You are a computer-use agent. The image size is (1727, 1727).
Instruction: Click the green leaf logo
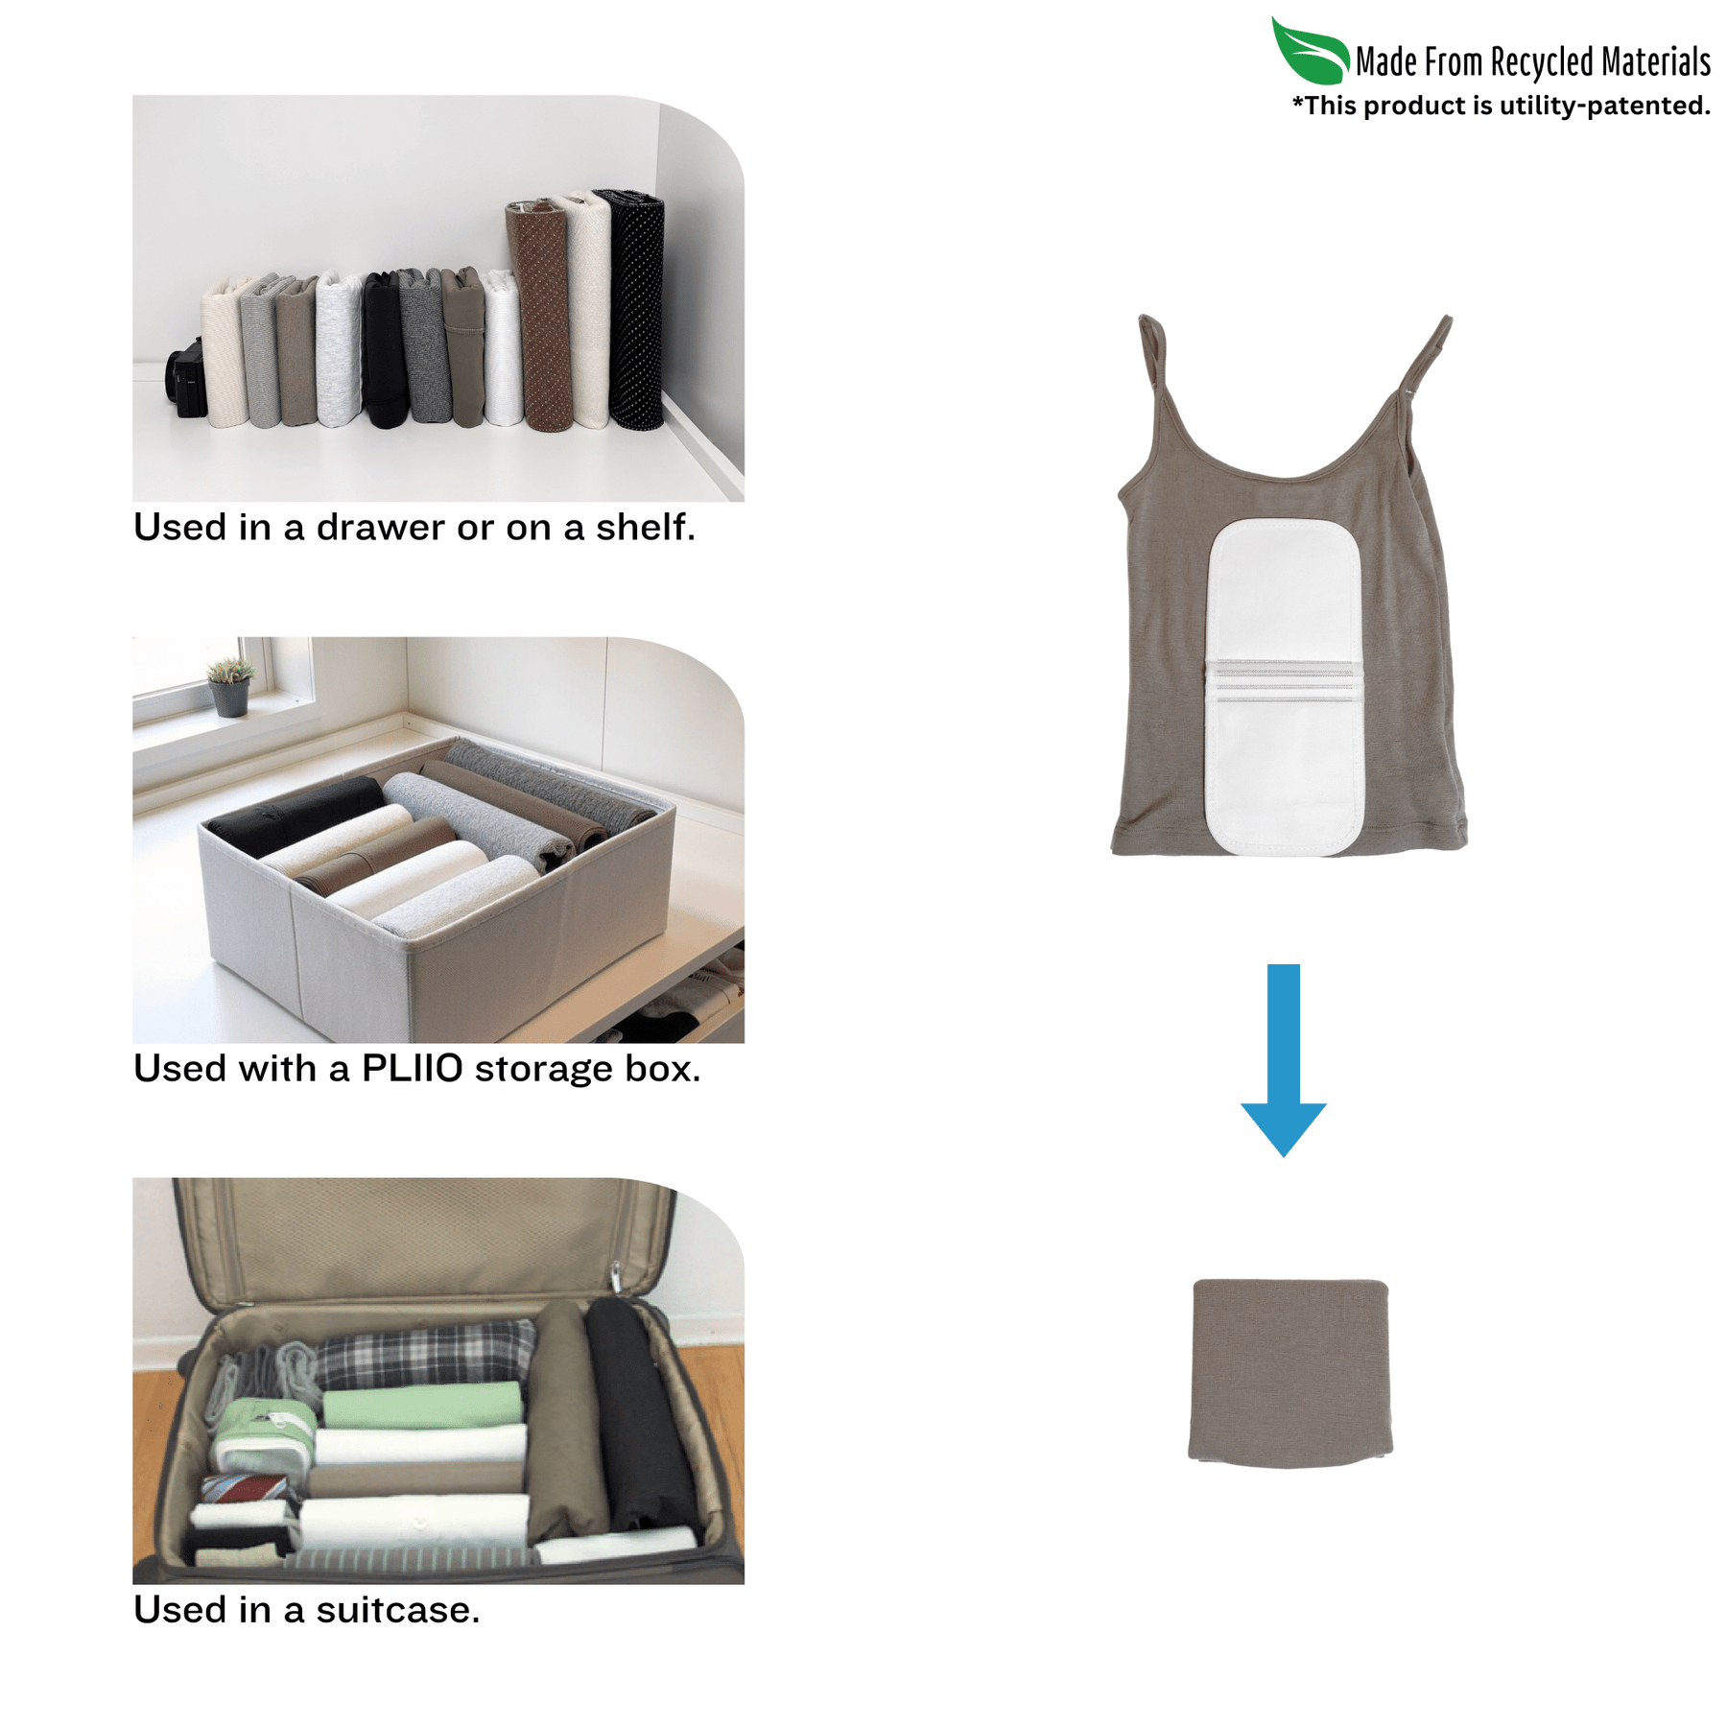(1310, 52)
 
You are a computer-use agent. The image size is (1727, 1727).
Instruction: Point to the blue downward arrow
(1283, 1059)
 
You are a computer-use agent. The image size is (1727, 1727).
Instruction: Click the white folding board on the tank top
(1285, 686)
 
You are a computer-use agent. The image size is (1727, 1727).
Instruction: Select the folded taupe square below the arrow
(1289, 1373)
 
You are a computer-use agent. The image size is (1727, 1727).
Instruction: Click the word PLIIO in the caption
(412, 1068)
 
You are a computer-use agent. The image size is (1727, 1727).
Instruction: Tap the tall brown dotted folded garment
(541, 315)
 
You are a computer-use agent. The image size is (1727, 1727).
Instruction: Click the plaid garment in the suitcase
(427, 1353)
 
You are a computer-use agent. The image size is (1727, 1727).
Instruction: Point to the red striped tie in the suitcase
(246, 1489)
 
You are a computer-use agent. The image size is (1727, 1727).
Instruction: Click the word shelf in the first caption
(645, 527)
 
